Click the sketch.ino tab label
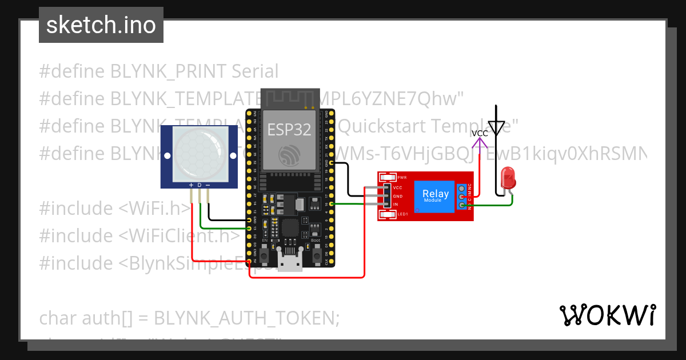(x=101, y=25)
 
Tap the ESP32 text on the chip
(x=290, y=129)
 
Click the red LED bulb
(x=508, y=178)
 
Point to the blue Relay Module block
(x=436, y=196)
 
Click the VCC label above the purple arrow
(x=480, y=133)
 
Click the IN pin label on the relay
(x=396, y=205)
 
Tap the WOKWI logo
(x=607, y=315)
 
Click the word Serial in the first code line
(x=255, y=71)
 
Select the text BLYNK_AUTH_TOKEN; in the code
(x=247, y=318)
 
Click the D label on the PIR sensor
(x=200, y=185)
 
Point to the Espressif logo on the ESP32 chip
(x=289, y=155)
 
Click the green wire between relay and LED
(x=486, y=205)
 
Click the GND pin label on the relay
(x=398, y=196)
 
